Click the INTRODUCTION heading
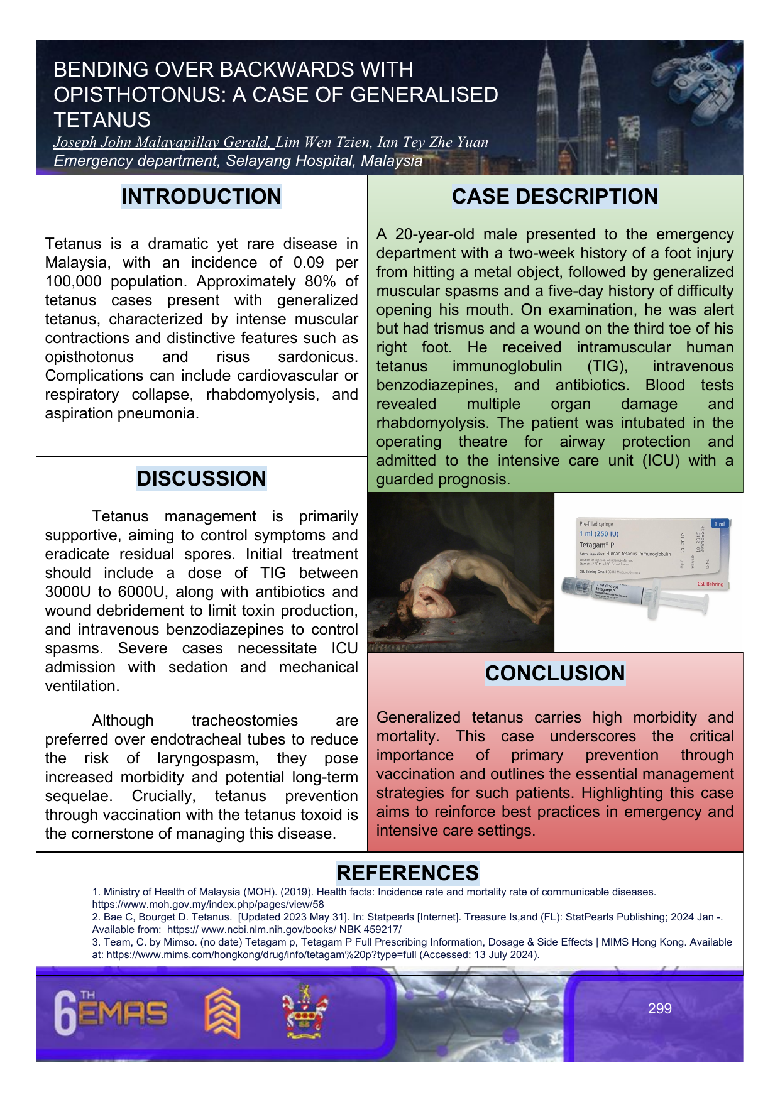(x=201, y=197)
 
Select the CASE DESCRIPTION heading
(x=554, y=197)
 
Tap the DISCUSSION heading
(x=201, y=479)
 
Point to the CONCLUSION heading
(x=554, y=674)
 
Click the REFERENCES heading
(x=407, y=873)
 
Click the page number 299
(x=659, y=1008)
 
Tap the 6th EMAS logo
(x=111, y=1012)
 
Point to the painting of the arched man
(x=461, y=572)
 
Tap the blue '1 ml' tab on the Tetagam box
(x=719, y=523)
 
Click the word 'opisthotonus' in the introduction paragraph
(x=89, y=357)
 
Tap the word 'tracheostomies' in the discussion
(x=244, y=721)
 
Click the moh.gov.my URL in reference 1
(x=208, y=904)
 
